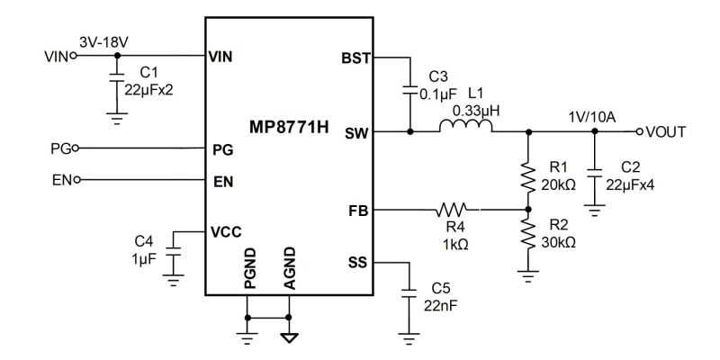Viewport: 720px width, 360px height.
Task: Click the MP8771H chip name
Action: [x=289, y=127]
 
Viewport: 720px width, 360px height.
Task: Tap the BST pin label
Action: [x=355, y=58]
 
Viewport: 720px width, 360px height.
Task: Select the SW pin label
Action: [x=357, y=133]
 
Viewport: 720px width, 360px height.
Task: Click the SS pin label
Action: [x=358, y=263]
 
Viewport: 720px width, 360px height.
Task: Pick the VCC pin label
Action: [x=226, y=232]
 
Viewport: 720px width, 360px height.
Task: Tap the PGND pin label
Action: [x=250, y=268]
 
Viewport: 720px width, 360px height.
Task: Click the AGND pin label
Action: [x=289, y=268]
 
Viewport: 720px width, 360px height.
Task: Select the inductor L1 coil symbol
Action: [x=465, y=125]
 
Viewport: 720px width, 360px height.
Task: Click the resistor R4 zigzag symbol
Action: [x=453, y=210]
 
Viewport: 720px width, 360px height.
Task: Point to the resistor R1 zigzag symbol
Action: [x=528, y=178]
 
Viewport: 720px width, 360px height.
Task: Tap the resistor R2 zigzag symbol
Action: [x=528, y=235]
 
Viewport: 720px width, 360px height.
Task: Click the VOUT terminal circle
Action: [x=639, y=131]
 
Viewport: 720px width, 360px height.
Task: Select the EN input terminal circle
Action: [x=76, y=179]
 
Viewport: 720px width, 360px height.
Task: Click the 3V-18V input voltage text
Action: [x=103, y=42]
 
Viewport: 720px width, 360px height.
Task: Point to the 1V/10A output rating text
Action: [x=592, y=118]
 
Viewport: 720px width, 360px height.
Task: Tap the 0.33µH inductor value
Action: [x=476, y=111]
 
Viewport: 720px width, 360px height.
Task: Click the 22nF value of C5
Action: [x=441, y=306]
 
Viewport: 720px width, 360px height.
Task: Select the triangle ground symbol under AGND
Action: [x=290, y=338]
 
